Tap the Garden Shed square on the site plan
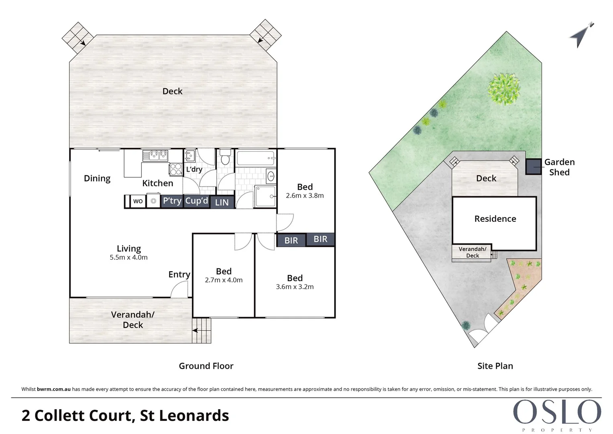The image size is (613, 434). coord(534,167)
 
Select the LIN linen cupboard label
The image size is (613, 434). coord(222,203)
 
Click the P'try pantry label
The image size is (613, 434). coord(172,201)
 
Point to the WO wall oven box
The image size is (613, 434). coord(138,201)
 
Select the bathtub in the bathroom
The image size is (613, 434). coord(255,158)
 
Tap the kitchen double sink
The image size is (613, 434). coord(155,155)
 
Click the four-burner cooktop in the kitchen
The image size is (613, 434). coord(176,169)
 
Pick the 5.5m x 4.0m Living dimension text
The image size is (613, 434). coord(128,258)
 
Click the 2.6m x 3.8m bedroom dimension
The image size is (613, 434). coord(305,196)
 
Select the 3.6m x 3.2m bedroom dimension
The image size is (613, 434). coord(295,287)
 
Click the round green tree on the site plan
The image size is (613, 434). coord(504,89)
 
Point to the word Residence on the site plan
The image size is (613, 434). coord(495,219)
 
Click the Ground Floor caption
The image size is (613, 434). coord(206,366)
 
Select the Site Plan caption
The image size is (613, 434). coord(495,366)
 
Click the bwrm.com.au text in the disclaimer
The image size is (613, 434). coord(54,389)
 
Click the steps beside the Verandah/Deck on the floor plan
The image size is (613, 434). coord(202,330)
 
